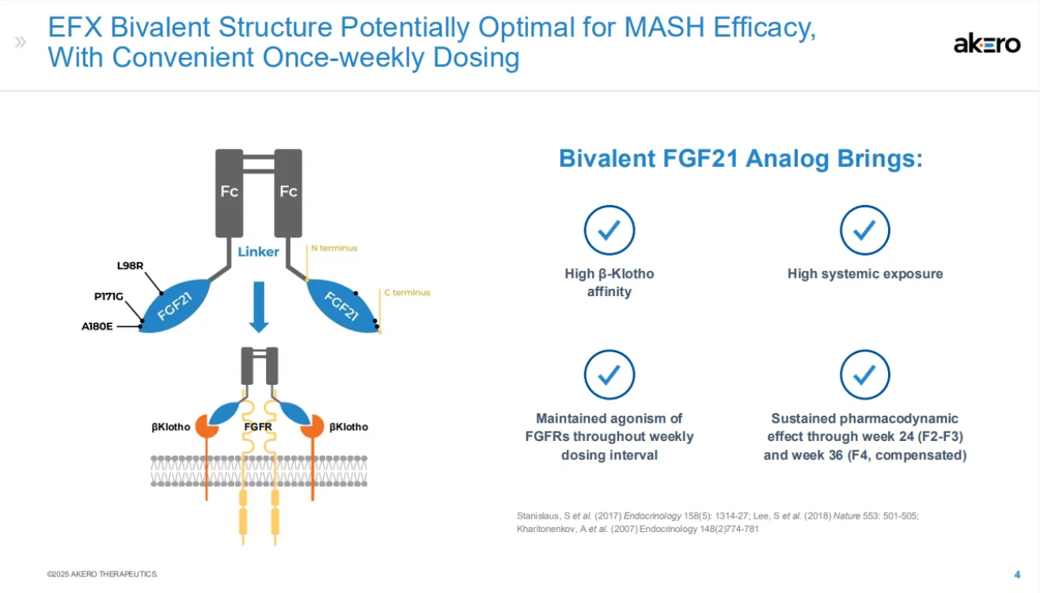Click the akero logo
(x=986, y=45)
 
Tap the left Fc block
(x=230, y=192)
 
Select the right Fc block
(x=288, y=192)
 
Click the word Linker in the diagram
(x=258, y=252)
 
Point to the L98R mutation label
(x=130, y=265)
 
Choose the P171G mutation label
(x=108, y=296)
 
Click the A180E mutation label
(x=97, y=325)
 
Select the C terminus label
(x=407, y=292)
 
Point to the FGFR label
(x=258, y=427)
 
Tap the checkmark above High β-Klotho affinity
(x=609, y=230)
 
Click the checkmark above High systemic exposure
(x=864, y=230)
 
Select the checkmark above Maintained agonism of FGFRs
(x=609, y=374)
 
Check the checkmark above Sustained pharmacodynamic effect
(x=864, y=374)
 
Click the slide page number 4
(x=1017, y=574)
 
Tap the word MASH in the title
(x=667, y=29)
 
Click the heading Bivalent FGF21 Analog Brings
(x=740, y=158)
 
